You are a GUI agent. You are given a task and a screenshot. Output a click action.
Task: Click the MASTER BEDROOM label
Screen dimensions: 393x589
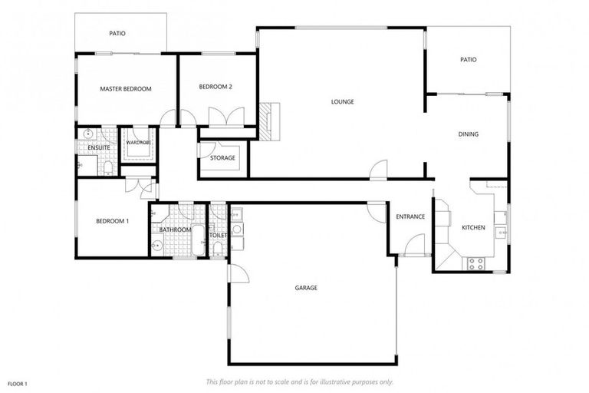point(126,89)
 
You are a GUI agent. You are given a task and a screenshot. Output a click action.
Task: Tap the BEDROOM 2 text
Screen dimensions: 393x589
point(216,87)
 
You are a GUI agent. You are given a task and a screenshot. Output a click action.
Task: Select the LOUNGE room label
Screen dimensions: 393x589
point(342,101)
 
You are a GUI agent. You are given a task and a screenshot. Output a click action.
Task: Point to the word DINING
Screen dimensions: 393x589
point(468,134)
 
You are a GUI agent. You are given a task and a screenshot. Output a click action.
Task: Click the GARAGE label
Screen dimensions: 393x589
point(306,288)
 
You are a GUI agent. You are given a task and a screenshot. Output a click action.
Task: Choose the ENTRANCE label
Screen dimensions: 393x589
point(410,216)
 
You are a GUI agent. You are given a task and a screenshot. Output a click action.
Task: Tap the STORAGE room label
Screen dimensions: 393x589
point(222,158)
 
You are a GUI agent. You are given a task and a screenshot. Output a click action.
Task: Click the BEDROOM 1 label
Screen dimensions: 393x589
point(112,221)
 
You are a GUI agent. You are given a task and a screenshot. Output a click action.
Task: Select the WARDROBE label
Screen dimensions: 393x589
point(139,142)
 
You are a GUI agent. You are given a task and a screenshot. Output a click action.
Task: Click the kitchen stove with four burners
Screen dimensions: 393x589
point(475,263)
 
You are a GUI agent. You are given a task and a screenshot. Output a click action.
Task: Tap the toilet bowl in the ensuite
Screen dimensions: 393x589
point(109,167)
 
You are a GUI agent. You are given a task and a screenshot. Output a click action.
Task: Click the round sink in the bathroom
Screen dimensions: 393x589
point(158,246)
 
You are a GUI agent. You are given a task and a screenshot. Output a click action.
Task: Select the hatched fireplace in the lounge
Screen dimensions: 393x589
point(266,121)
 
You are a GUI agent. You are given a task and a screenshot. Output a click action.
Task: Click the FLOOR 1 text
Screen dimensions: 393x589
point(17,383)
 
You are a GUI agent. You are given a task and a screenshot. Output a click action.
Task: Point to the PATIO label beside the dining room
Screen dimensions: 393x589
point(468,60)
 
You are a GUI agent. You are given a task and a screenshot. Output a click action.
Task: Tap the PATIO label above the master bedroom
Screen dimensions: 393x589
point(117,34)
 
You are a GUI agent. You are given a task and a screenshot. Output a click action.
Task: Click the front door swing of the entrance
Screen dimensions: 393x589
point(415,246)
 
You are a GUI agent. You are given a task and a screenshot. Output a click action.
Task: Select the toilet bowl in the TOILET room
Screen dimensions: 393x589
point(218,246)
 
